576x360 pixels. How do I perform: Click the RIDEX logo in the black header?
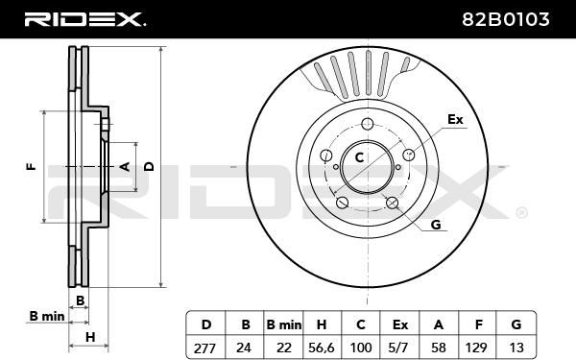pos(84,19)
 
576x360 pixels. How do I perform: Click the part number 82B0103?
pos(506,19)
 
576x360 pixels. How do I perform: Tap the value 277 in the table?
pos(205,348)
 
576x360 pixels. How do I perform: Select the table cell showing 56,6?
pos(322,348)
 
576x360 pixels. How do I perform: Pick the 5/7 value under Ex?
pos(399,348)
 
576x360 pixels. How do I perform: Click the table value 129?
pos(476,348)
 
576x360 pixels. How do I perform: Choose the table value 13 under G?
pos(516,348)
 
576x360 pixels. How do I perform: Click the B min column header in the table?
pos(283,324)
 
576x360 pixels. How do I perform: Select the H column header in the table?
pos(322,324)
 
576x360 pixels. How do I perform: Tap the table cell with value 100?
pos(361,348)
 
